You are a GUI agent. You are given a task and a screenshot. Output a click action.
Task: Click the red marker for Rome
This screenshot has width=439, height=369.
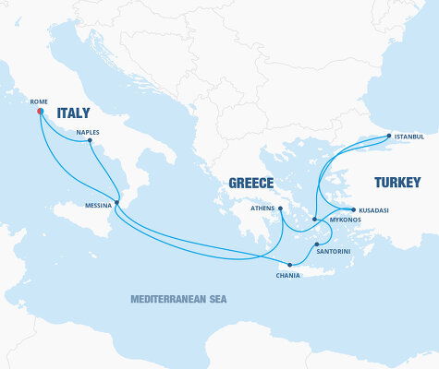click(x=40, y=112)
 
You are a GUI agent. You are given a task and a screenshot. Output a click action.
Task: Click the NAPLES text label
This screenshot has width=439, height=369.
click(x=88, y=132)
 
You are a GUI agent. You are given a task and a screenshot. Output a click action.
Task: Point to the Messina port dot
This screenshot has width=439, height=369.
click(x=116, y=203)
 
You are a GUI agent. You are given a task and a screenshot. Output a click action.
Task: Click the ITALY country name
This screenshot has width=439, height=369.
click(x=74, y=113)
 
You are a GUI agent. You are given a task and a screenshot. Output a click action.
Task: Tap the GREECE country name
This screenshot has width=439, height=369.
click(x=251, y=183)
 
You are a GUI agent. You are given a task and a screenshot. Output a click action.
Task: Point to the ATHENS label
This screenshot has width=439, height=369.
click(x=263, y=209)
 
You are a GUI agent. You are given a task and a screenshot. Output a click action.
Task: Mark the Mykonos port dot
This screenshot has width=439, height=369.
click(x=315, y=220)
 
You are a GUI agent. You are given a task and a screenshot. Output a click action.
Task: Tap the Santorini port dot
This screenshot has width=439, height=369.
click(x=317, y=244)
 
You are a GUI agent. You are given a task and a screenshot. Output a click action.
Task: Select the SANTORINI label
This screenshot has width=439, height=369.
click(x=333, y=252)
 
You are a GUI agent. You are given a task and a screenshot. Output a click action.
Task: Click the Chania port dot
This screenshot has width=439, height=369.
click(x=290, y=265)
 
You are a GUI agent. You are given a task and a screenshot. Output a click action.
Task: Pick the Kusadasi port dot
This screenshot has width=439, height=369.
click(x=353, y=209)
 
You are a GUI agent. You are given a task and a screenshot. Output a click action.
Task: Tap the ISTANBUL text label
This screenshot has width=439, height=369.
click(x=409, y=137)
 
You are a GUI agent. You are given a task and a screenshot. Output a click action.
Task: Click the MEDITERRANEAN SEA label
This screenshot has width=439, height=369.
click(x=178, y=299)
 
